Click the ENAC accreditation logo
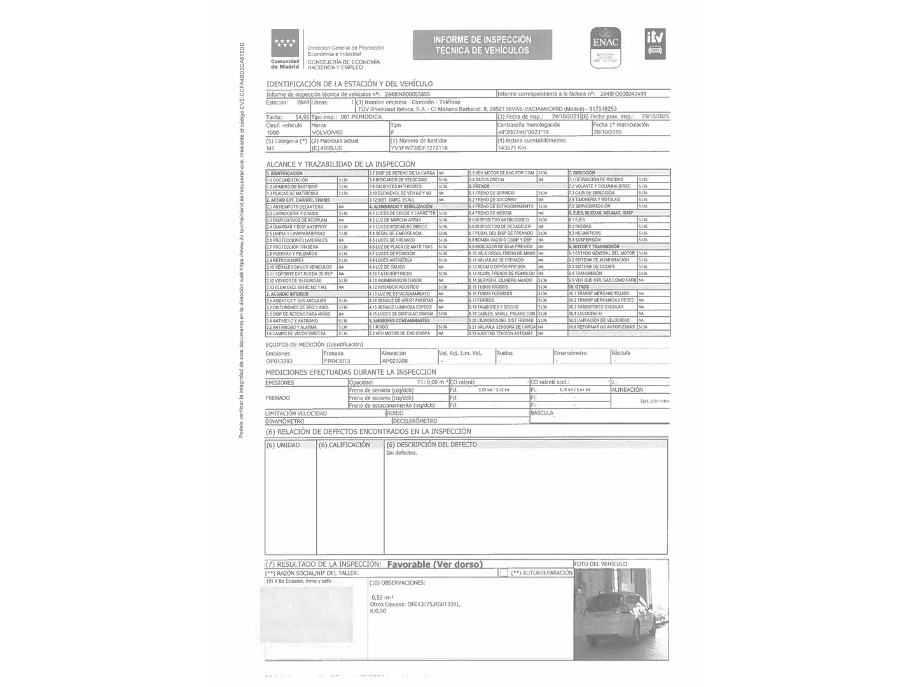click(605, 47)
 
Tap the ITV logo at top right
click(655, 44)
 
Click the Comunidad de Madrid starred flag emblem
click(285, 44)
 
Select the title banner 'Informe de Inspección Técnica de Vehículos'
click(482, 45)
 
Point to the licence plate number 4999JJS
click(331, 148)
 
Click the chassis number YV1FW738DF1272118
click(419, 148)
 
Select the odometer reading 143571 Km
click(512, 148)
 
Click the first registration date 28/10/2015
click(607, 132)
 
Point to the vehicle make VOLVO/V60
click(327, 132)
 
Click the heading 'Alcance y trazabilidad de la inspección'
click(340, 164)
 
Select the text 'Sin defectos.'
click(401, 453)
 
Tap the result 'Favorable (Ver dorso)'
click(434, 564)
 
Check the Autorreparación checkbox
click(504, 573)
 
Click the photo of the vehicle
click(620, 614)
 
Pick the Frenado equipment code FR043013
click(337, 361)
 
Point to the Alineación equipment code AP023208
click(394, 361)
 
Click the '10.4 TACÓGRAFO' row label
click(586, 314)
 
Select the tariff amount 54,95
click(302, 117)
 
